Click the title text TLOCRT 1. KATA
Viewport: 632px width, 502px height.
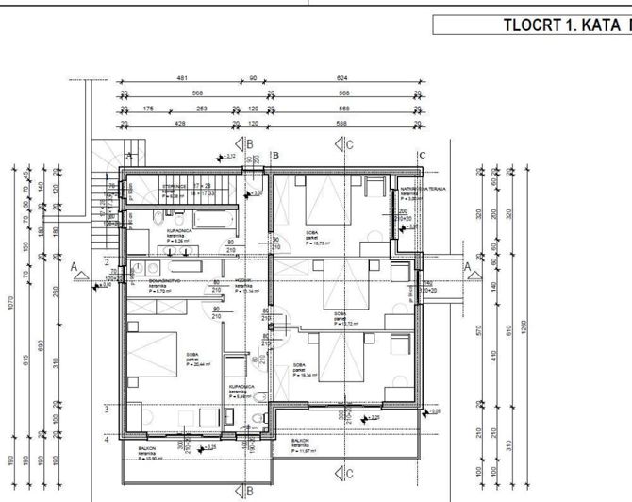click(562, 25)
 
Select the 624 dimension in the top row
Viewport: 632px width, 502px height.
click(341, 79)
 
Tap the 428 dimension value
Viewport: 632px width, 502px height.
click(179, 125)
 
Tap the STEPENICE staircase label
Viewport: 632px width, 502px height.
click(173, 187)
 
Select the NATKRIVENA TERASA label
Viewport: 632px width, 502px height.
click(420, 189)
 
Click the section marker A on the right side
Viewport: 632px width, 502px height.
click(468, 267)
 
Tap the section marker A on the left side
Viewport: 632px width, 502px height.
click(75, 267)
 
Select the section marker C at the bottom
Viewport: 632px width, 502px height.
click(348, 472)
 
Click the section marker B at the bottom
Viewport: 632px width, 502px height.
click(249, 490)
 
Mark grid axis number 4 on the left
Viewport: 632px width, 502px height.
click(108, 439)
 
